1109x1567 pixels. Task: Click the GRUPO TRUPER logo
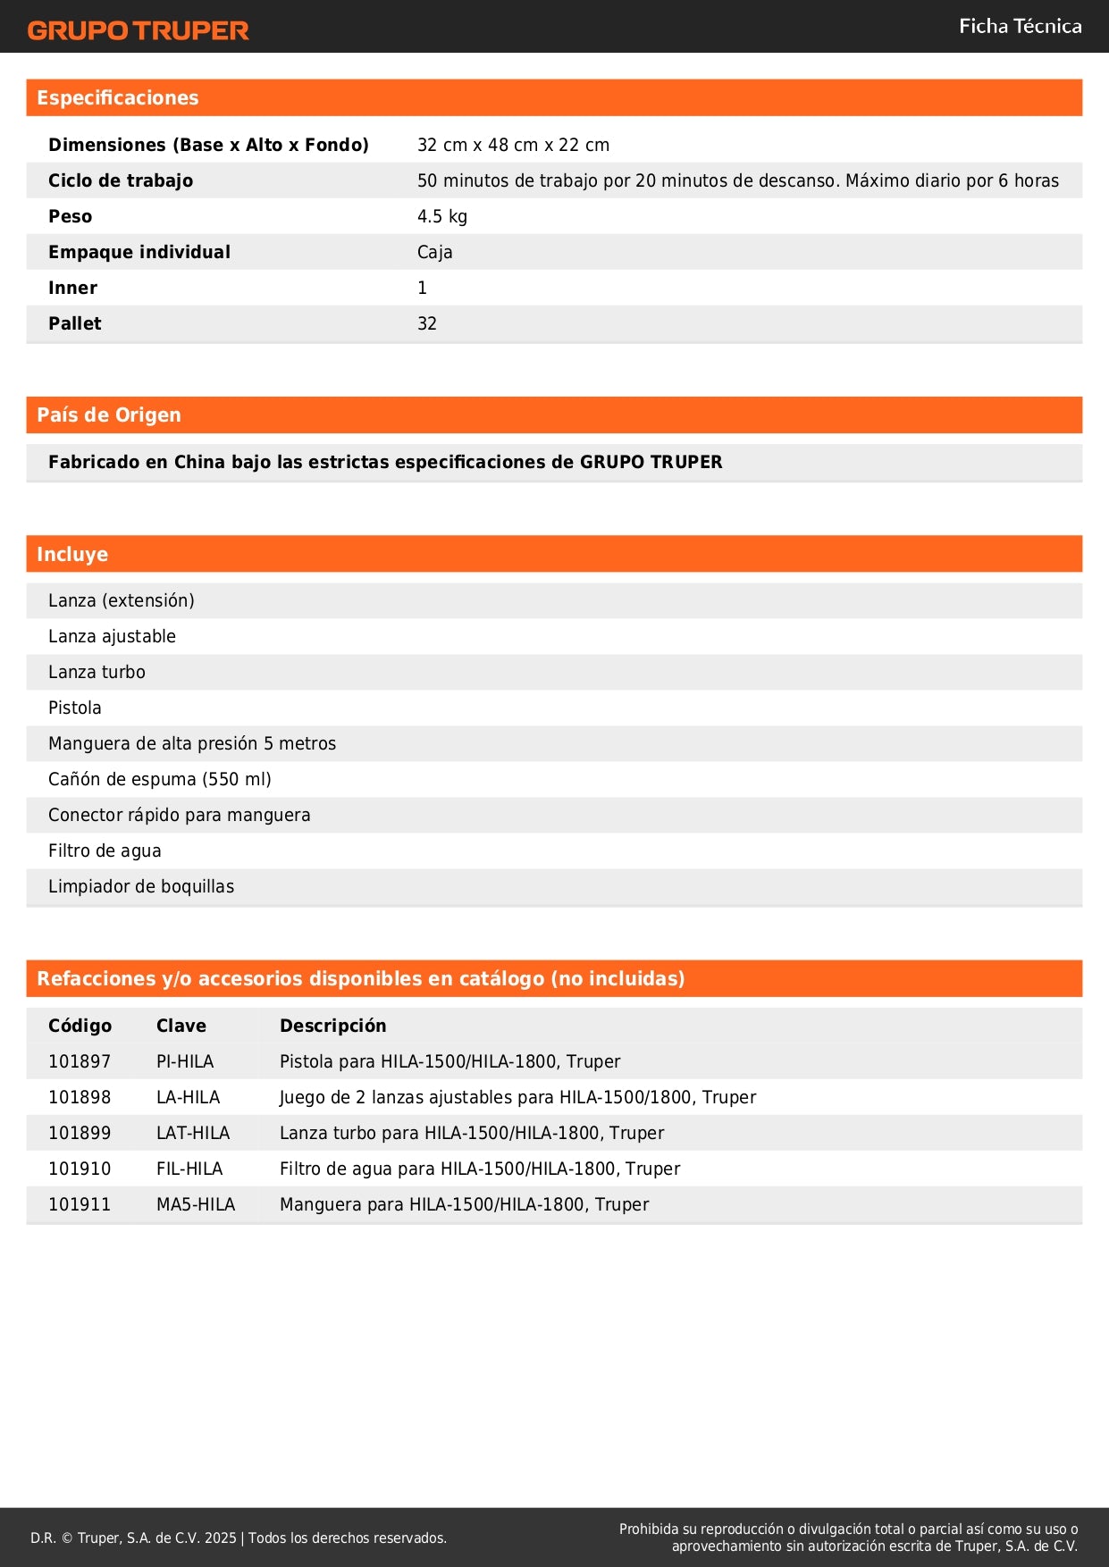(138, 30)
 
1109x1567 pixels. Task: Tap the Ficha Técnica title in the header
(1020, 27)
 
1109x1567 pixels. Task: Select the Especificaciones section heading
(118, 98)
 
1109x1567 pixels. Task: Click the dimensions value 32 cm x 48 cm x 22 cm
(513, 145)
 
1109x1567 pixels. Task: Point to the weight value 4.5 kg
(441, 216)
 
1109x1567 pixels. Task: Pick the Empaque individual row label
(139, 252)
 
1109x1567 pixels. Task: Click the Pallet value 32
(427, 323)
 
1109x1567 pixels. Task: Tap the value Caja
(434, 252)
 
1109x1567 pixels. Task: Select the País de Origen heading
(109, 415)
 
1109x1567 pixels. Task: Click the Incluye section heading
(72, 555)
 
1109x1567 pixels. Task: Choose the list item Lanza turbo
(97, 672)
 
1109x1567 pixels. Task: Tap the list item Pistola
(75, 708)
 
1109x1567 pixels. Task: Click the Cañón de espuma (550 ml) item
(160, 779)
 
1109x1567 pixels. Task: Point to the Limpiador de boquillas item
(141, 886)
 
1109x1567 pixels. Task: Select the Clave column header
(181, 1026)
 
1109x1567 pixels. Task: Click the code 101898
(80, 1097)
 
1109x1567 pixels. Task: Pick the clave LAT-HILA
(193, 1133)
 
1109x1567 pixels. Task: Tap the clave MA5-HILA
(196, 1204)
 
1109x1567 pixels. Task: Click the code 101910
(80, 1169)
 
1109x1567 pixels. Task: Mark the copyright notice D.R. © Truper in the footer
(239, 1538)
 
